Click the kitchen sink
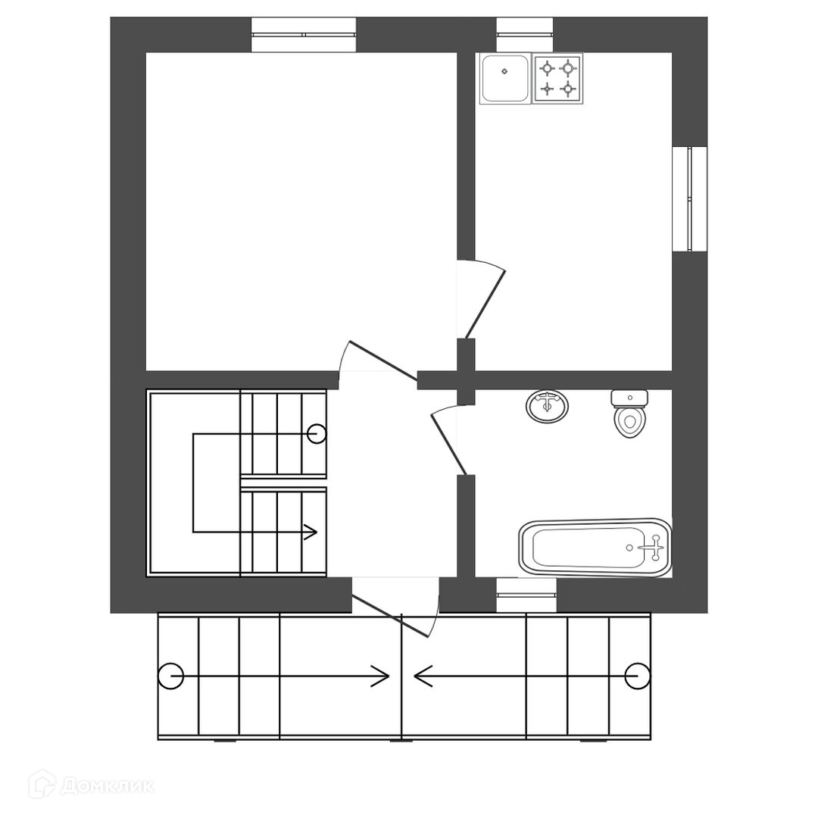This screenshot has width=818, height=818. click(504, 79)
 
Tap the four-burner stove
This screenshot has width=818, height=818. click(557, 79)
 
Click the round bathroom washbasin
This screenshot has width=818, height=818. click(547, 407)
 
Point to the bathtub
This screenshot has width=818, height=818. click(595, 548)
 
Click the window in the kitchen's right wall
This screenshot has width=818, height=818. click(689, 198)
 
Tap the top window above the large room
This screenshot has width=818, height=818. click(303, 35)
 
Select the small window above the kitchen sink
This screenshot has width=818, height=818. click(525, 35)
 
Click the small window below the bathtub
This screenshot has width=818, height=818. click(526, 595)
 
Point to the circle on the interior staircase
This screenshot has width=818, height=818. click(317, 434)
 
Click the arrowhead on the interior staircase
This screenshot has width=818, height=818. click(311, 532)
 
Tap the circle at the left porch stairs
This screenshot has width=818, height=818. click(171, 676)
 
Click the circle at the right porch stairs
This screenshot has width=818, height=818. click(638, 676)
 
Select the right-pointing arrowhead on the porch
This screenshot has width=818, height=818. click(381, 676)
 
